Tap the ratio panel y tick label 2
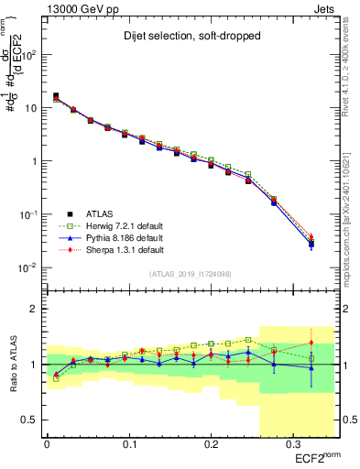pos(35,309)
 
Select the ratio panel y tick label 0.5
pos(31,420)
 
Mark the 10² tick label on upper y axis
pos(30,54)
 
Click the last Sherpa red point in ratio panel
pos(311,330)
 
